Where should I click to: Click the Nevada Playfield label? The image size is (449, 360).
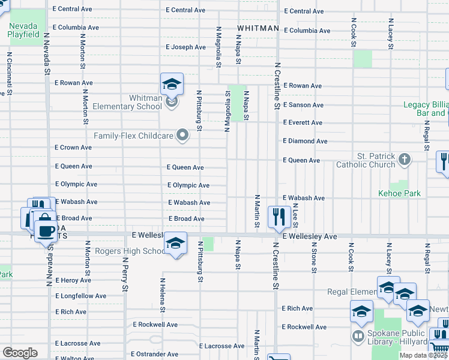click(x=23, y=30)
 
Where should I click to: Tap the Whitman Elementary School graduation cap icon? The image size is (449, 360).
click(x=172, y=85)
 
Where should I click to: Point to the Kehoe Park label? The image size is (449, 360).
click(x=399, y=193)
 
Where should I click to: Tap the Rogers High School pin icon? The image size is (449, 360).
click(x=175, y=244)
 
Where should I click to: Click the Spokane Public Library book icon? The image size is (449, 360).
click(x=358, y=335)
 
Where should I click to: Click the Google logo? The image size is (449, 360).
click(x=20, y=352)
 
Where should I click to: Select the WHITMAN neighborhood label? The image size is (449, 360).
click(x=258, y=28)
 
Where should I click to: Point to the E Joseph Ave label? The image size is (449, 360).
click(x=185, y=47)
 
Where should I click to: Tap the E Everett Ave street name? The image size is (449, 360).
click(x=303, y=123)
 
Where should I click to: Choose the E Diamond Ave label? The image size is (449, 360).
click(x=305, y=141)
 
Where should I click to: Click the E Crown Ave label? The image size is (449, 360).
click(x=73, y=148)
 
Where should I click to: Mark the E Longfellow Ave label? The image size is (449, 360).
click(x=80, y=296)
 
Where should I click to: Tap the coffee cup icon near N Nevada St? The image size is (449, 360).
click(x=45, y=230)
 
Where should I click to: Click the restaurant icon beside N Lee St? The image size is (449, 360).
click(x=279, y=217)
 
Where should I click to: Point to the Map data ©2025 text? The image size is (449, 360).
click(x=424, y=355)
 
